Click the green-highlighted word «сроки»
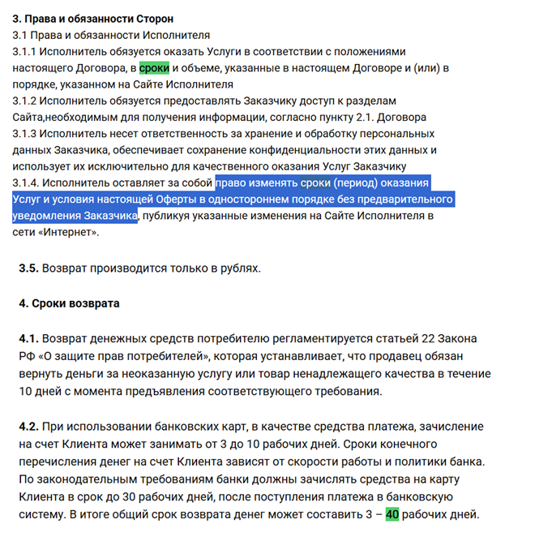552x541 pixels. point(154,68)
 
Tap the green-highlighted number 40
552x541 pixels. point(392,513)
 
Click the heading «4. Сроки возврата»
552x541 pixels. point(69,303)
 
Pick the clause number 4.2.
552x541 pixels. point(28,426)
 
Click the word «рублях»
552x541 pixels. point(238,267)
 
